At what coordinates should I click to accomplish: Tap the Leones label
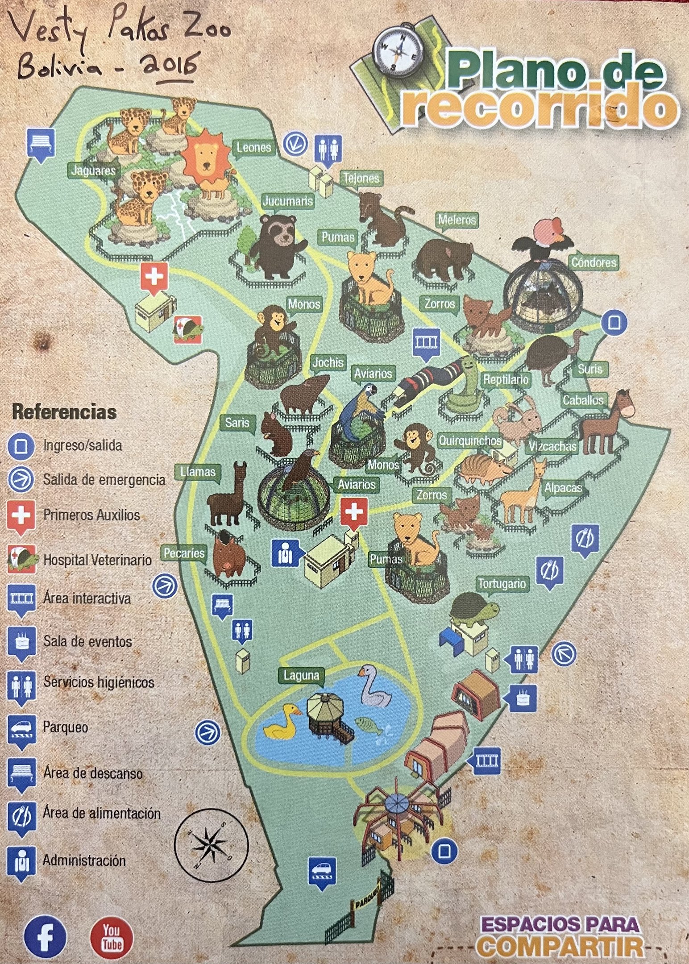click(x=254, y=147)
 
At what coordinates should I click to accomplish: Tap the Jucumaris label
click(x=287, y=201)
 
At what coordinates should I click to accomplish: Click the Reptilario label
click(x=506, y=380)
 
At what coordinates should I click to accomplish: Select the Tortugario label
click(x=502, y=583)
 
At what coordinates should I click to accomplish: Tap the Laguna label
click(x=302, y=675)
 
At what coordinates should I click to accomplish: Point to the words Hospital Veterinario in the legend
click(x=97, y=560)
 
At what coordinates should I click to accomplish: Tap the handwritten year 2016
click(x=170, y=66)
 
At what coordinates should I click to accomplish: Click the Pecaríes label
click(x=184, y=553)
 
